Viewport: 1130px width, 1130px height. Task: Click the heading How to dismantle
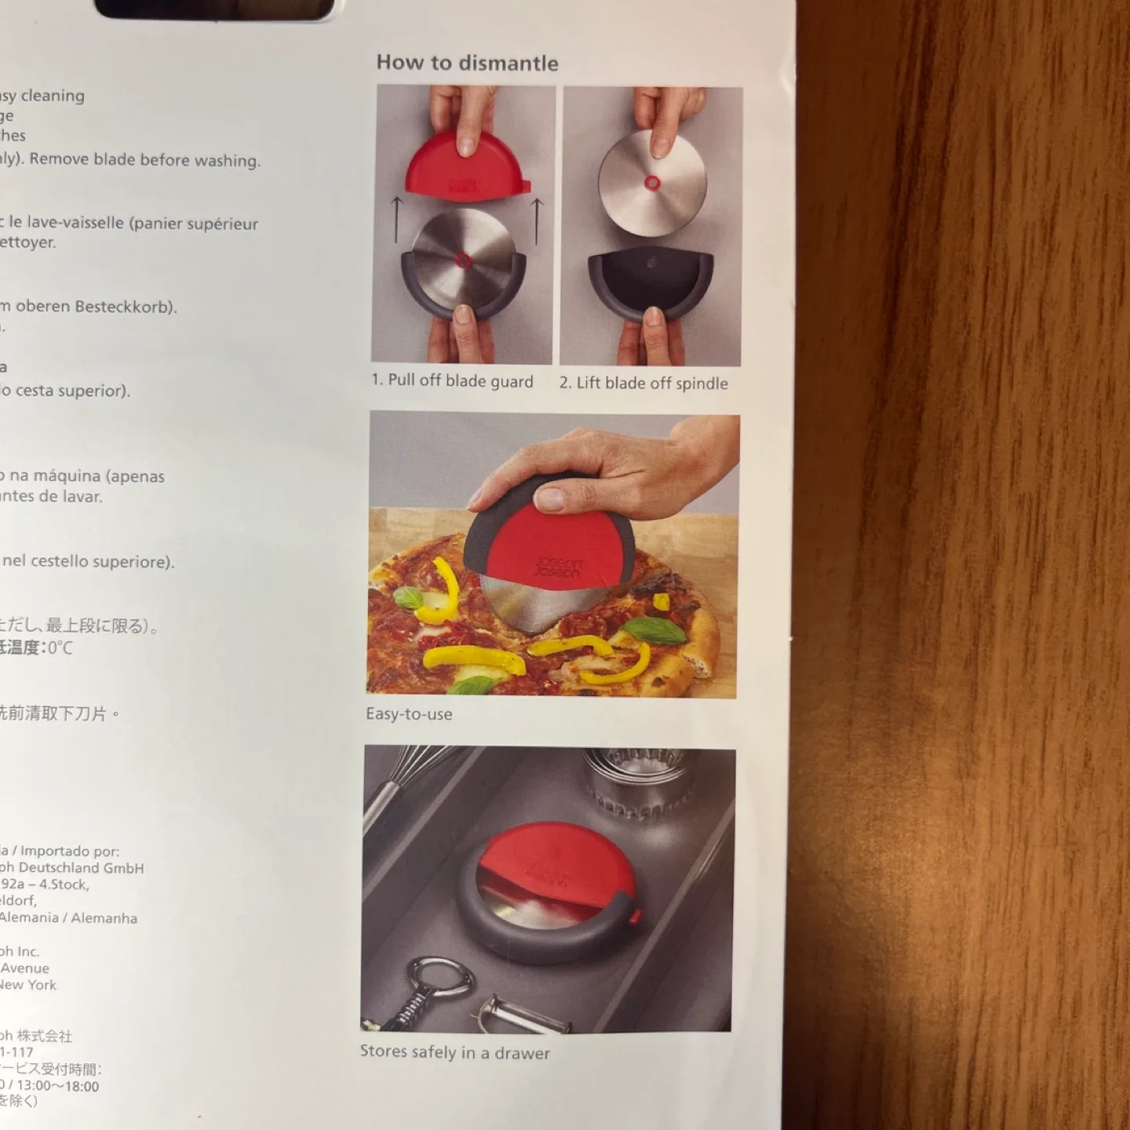coord(467,63)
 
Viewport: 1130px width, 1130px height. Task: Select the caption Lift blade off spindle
coord(643,383)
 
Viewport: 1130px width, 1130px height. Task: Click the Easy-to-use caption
coord(409,714)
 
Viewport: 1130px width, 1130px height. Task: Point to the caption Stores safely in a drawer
coord(455,1052)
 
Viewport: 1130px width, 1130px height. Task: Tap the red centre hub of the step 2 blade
coord(652,184)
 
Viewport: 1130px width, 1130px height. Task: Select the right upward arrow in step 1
coord(538,221)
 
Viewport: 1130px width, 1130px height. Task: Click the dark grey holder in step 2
coord(651,282)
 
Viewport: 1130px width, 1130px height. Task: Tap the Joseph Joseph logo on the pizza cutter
coord(559,567)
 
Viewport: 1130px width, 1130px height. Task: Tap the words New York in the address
coord(28,985)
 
